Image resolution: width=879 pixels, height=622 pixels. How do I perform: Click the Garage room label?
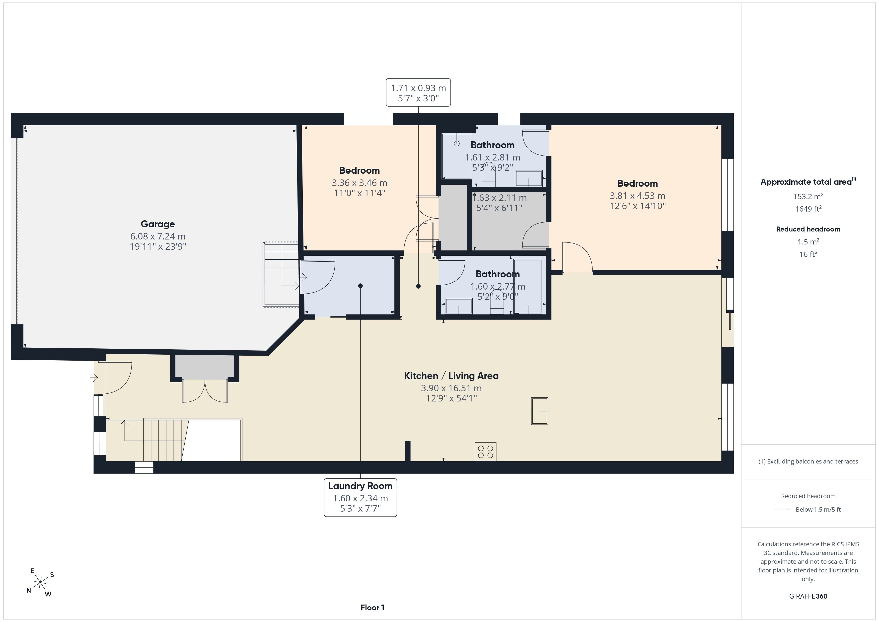[158, 224]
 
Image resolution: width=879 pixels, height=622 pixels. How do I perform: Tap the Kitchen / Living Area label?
[451, 376]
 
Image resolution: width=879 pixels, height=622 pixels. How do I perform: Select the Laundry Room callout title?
[360, 486]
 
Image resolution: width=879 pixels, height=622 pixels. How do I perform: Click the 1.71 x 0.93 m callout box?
[418, 92]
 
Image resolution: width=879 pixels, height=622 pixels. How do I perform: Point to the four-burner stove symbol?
[485, 452]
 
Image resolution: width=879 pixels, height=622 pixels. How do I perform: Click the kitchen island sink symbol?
[539, 411]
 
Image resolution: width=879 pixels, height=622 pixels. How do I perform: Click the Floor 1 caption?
[372, 608]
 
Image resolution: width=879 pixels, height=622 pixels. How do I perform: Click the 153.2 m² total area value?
[808, 196]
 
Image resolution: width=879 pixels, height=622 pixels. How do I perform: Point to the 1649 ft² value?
[808, 209]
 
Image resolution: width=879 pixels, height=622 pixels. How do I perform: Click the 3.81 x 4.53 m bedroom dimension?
[637, 196]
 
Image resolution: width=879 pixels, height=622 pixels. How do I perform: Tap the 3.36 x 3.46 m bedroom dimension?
[360, 183]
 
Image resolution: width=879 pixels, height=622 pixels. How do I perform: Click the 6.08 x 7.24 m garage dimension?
[158, 236]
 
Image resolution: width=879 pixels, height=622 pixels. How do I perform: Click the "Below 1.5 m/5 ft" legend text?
[818, 509]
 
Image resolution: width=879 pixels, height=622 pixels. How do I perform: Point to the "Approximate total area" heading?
[806, 182]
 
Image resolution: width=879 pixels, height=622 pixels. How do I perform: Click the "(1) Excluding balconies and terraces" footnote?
[808, 462]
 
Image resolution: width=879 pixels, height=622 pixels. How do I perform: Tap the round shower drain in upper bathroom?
[457, 144]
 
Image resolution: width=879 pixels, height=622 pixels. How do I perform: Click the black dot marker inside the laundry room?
[360, 286]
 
